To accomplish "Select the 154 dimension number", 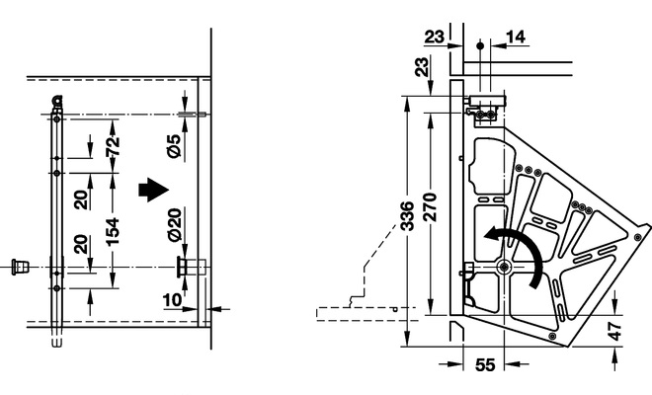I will click(113, 232).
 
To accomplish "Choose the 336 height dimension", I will click(409, 237).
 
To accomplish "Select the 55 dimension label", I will click(484, 364).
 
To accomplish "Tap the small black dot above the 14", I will click(478, 45).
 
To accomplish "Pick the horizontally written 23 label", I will click(435, 37).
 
